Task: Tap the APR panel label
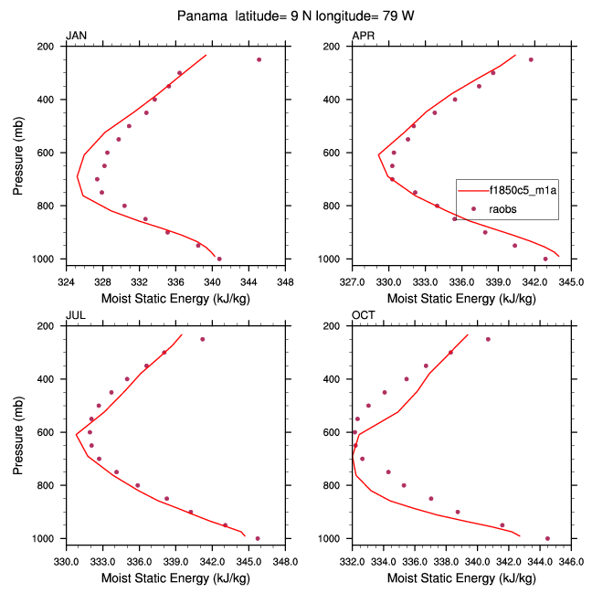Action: click(x=363, y=36)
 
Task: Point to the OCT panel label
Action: click(x=363, y=316)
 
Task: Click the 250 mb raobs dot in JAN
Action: click(x=259, y=59)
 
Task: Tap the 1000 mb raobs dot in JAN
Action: click(x=219, y=259)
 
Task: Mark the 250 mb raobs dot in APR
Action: click(x=531, y=59)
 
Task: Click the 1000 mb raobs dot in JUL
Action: click(x=258, y=538)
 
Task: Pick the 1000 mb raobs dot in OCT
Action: click(x=547, y=538)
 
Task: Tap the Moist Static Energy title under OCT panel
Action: click(x=461, y=578)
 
